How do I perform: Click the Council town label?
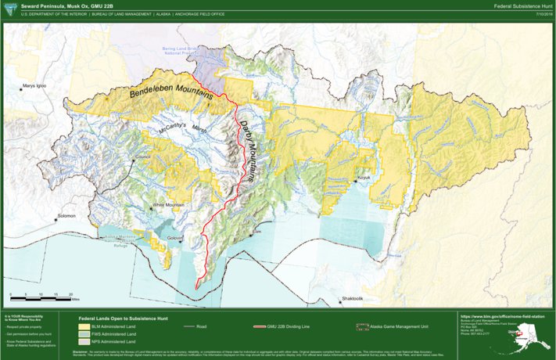[x=143, y=157]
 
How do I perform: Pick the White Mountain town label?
[x=168, y=204]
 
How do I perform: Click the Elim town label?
[x=256, y=232]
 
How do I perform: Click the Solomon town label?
[x=66, y=215]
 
